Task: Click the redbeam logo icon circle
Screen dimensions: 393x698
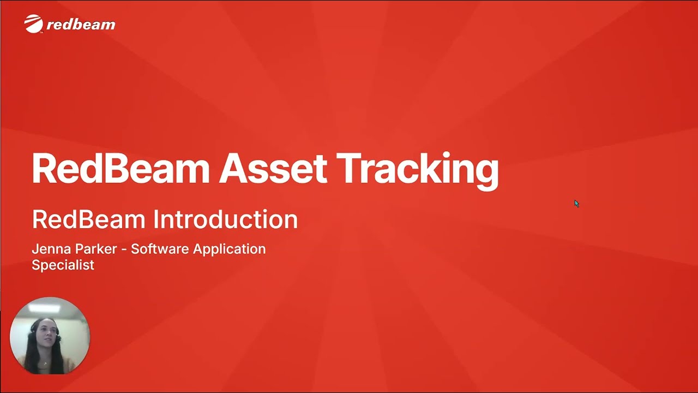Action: (34, 23)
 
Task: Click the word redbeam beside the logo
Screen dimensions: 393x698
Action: (81, 25)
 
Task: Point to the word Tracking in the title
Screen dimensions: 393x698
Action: (417, 169)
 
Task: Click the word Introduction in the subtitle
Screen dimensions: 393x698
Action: (225, 219)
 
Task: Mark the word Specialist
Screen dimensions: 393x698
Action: (63, 265)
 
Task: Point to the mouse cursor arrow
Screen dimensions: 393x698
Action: (576, 203)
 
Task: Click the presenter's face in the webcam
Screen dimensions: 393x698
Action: (46, 333)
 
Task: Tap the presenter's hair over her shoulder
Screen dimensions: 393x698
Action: (33, 355)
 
